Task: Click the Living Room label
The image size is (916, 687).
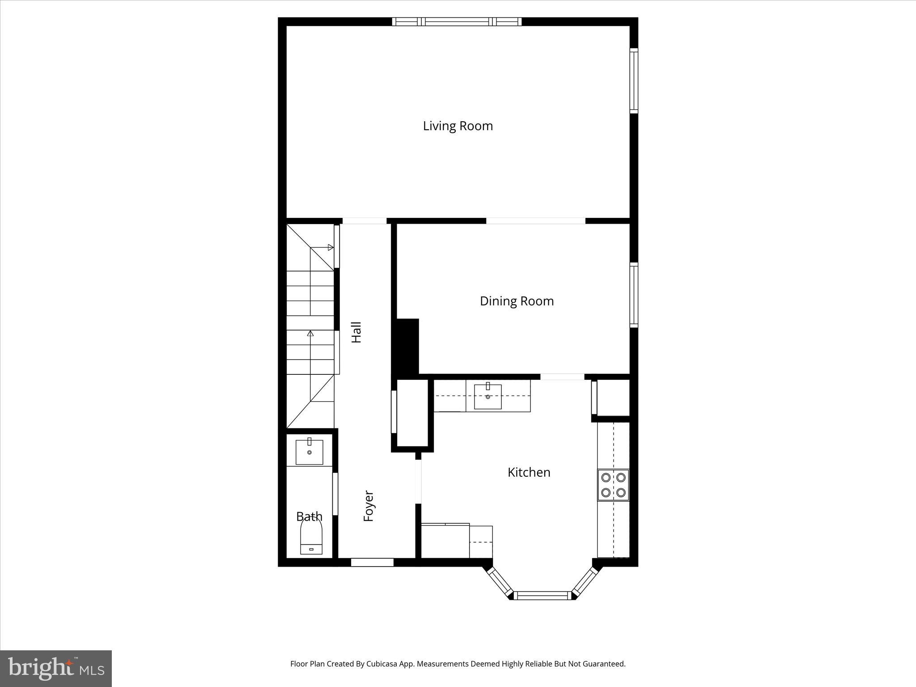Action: (458, 126)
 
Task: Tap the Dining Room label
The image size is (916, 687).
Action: (517, 301)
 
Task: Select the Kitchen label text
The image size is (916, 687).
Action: (529, 472)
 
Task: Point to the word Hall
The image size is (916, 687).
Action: (356, 332)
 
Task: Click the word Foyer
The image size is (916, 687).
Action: (369, 506)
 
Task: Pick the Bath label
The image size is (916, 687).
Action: (309, 517)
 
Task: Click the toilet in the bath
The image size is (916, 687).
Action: (311, 539)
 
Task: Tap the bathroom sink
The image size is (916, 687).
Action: (309, 452)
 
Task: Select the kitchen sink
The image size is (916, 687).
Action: (488, 396)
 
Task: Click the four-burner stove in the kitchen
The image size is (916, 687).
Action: (613, 485)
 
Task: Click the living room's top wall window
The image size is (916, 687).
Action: (457, 21)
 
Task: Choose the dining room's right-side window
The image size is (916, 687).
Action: (634, 295)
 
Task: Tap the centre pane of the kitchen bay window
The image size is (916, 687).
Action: (542, 595)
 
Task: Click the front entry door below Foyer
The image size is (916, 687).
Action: (372, 562)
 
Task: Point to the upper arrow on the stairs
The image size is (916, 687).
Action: (330, 247)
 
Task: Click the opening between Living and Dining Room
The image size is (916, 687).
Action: (535, 221)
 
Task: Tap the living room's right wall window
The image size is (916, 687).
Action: (634, 81)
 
